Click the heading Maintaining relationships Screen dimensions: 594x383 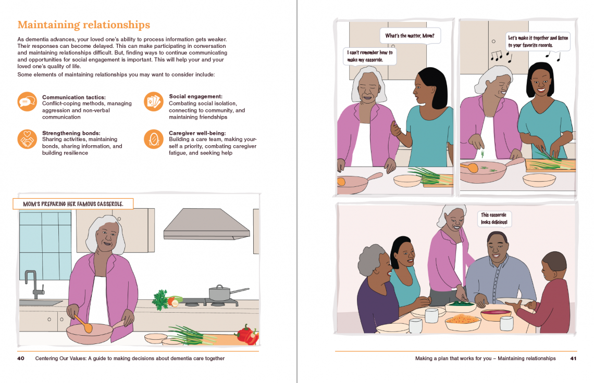pos(84,24)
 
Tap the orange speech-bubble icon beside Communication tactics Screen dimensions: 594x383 pos(27,101)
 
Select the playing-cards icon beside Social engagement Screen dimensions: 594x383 pos(153,101)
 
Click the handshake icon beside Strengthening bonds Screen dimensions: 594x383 pos(27,139)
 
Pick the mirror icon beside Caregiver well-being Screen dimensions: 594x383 pos(153,139)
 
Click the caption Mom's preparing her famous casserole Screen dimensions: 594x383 pos(73,204)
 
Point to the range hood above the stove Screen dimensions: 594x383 pos(206,224)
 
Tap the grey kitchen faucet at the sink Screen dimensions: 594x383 pos(33,284)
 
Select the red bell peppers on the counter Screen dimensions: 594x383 pos(248,335)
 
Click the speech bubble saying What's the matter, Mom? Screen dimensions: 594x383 pos(410,36)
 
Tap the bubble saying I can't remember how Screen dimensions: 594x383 pos(370,56)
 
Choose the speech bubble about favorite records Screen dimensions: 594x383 pos(538,42)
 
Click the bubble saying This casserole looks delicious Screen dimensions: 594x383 pos(494,219)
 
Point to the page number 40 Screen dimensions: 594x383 pos(21,359)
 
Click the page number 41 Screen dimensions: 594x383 pos(573,359)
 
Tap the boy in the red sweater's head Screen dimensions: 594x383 pos(553,266)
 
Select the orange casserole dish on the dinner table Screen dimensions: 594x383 pos(463,322)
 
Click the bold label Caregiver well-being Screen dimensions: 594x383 pos(197,133)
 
